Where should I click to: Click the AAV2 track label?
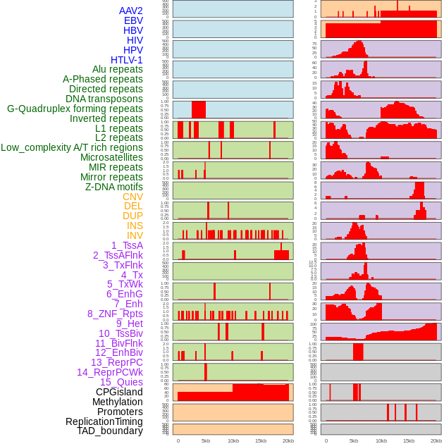(130, 11)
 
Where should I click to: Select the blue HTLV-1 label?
(126, 60)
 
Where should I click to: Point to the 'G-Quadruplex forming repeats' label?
(75, 109)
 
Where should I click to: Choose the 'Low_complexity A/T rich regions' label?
(71, 147)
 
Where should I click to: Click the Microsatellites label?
(111, 157)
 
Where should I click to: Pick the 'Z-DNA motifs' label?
(113, 187)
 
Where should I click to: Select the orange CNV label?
(132, 197)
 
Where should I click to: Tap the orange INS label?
(134, 226)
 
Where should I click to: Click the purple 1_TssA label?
(127, 245)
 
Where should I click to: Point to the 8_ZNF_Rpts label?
(115, 314)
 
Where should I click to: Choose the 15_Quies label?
(120, 382)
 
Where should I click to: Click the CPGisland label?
(119, 392)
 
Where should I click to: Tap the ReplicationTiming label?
(104, 421)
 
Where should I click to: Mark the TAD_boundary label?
(109, 431)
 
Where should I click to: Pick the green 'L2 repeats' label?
(118, 137)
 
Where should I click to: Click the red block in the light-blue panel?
(199, 110)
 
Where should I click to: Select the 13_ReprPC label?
(116, 362)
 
